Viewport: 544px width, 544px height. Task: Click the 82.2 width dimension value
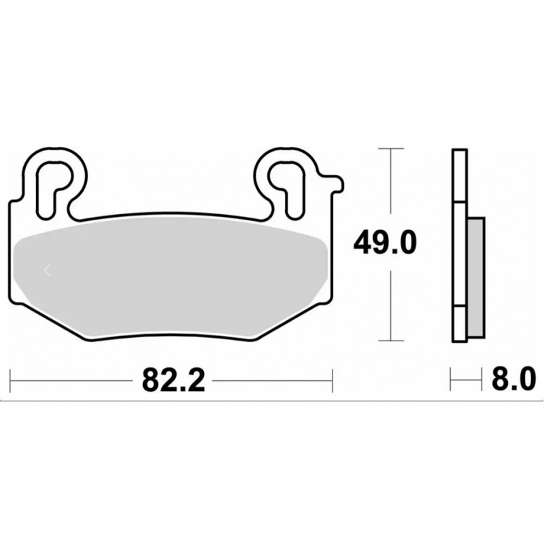174,380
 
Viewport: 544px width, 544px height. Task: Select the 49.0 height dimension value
385,243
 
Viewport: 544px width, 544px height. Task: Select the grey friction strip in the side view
476,277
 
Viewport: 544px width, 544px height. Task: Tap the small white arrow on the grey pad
48,270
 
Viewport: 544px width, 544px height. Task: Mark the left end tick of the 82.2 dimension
10,381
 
